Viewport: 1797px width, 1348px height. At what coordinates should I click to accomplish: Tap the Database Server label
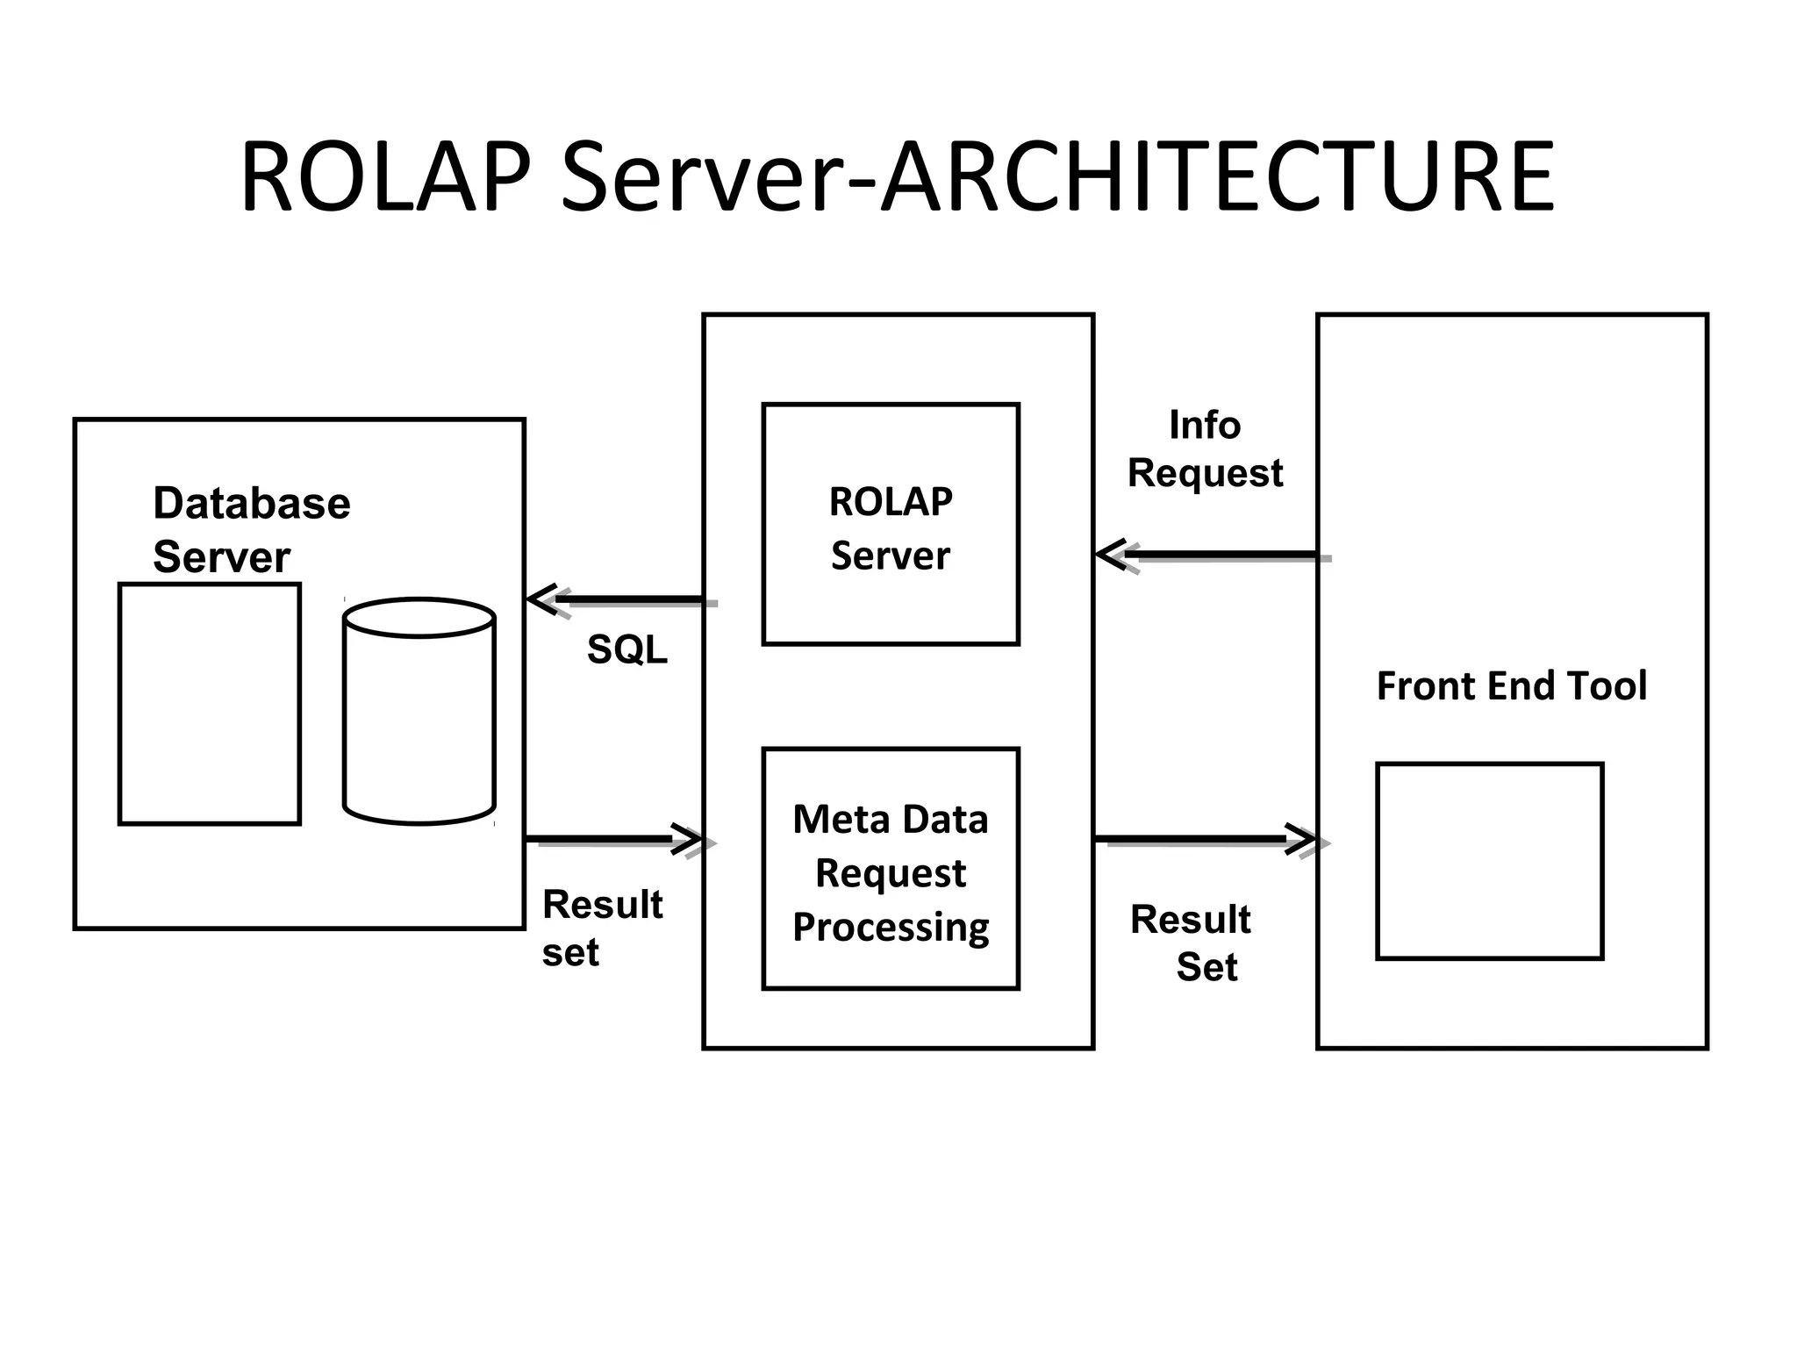(251, 529)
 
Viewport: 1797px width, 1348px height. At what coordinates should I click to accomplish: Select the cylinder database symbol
(419, 711)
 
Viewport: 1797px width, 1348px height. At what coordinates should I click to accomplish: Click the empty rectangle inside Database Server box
(210, 704)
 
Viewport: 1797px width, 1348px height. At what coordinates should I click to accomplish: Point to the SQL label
(626, 649)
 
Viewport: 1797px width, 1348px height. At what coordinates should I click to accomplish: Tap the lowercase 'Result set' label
(602, 928)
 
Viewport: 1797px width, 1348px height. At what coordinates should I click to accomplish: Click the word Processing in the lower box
(891, 928)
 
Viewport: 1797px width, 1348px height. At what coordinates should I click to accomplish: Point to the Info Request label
(1205, 448)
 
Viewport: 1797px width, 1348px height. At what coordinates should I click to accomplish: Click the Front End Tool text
(1511, 685)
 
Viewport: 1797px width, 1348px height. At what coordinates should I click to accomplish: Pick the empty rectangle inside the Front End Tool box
(1489, 861)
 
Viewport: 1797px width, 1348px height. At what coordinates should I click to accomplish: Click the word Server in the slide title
(702, 177)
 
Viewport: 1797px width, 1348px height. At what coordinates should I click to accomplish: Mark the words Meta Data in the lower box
(891, 819)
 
